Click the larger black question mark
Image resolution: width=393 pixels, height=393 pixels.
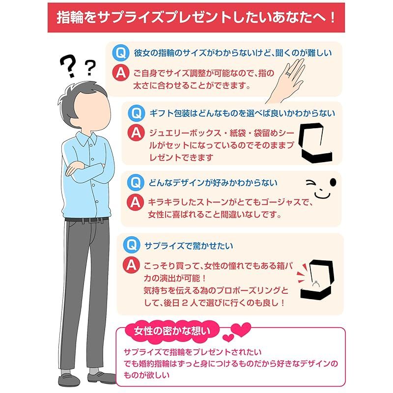pos(69,66)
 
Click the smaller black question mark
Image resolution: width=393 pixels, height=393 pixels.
pos(90,67)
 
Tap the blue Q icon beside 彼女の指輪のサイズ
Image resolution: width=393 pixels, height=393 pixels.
pos(121,53)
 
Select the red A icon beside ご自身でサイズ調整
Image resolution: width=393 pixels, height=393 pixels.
pos(121,73)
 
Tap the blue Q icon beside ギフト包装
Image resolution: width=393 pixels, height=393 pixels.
pos(137,113)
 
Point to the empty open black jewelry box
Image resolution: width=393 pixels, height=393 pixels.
pos(315,142)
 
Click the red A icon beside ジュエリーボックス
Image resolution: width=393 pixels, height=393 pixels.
pos(136,133)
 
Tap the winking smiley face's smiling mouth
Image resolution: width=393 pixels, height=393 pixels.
pos(322,195)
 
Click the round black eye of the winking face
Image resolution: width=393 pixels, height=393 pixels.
pos(333,183)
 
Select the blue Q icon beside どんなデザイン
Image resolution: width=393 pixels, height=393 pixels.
pos(136,182)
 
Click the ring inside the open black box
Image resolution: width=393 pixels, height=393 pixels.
pos(316,283)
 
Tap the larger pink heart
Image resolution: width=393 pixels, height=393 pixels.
pos(241,329)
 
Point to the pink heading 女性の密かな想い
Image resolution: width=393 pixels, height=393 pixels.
pos(172,331)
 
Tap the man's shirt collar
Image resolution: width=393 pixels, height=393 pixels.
pos(87,140)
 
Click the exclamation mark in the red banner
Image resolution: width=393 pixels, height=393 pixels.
pos(333,18)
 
